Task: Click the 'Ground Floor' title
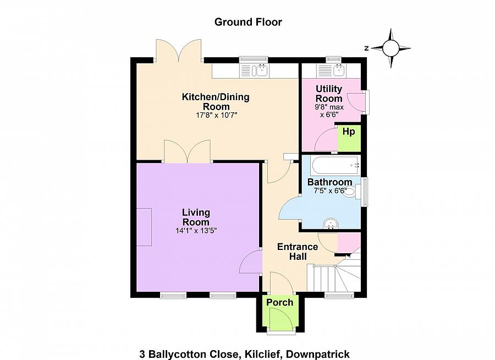[248, 22]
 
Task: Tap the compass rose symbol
[390, 48]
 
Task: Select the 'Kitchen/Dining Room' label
[216, 102]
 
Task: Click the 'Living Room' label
[196, 217]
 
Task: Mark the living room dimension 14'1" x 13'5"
[196, 231]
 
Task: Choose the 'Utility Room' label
[329, 94]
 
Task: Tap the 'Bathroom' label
[329, 182]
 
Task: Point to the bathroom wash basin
[331, 223]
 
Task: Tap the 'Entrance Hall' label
[297, 252]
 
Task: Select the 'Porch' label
[279, 302]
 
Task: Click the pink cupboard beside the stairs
[349, 242]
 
